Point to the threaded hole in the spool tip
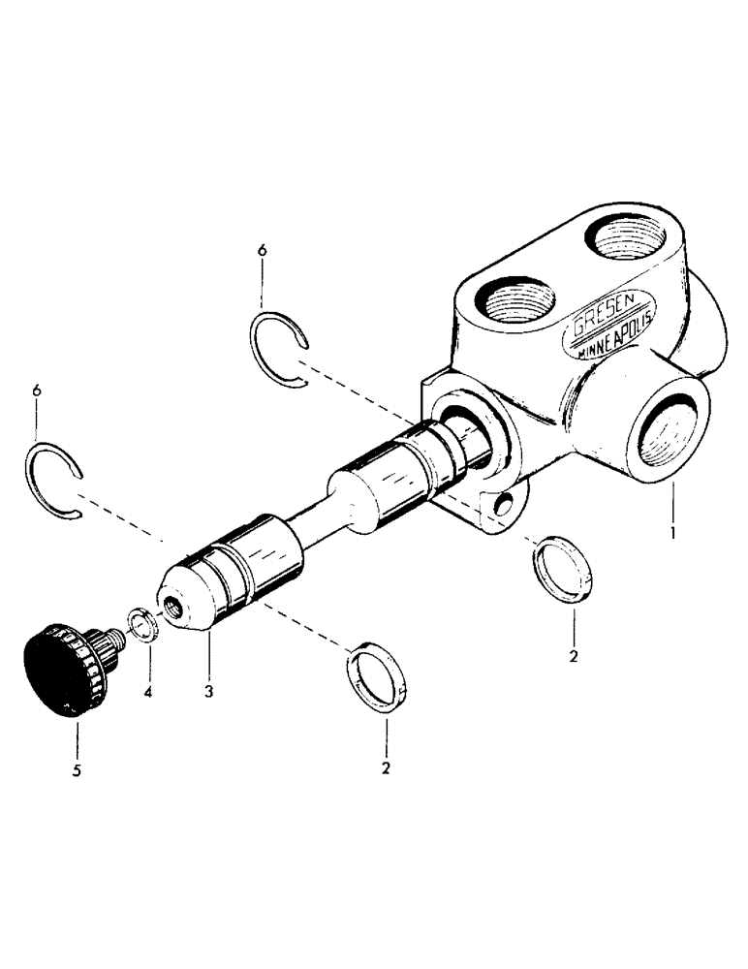tap(172, 608)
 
